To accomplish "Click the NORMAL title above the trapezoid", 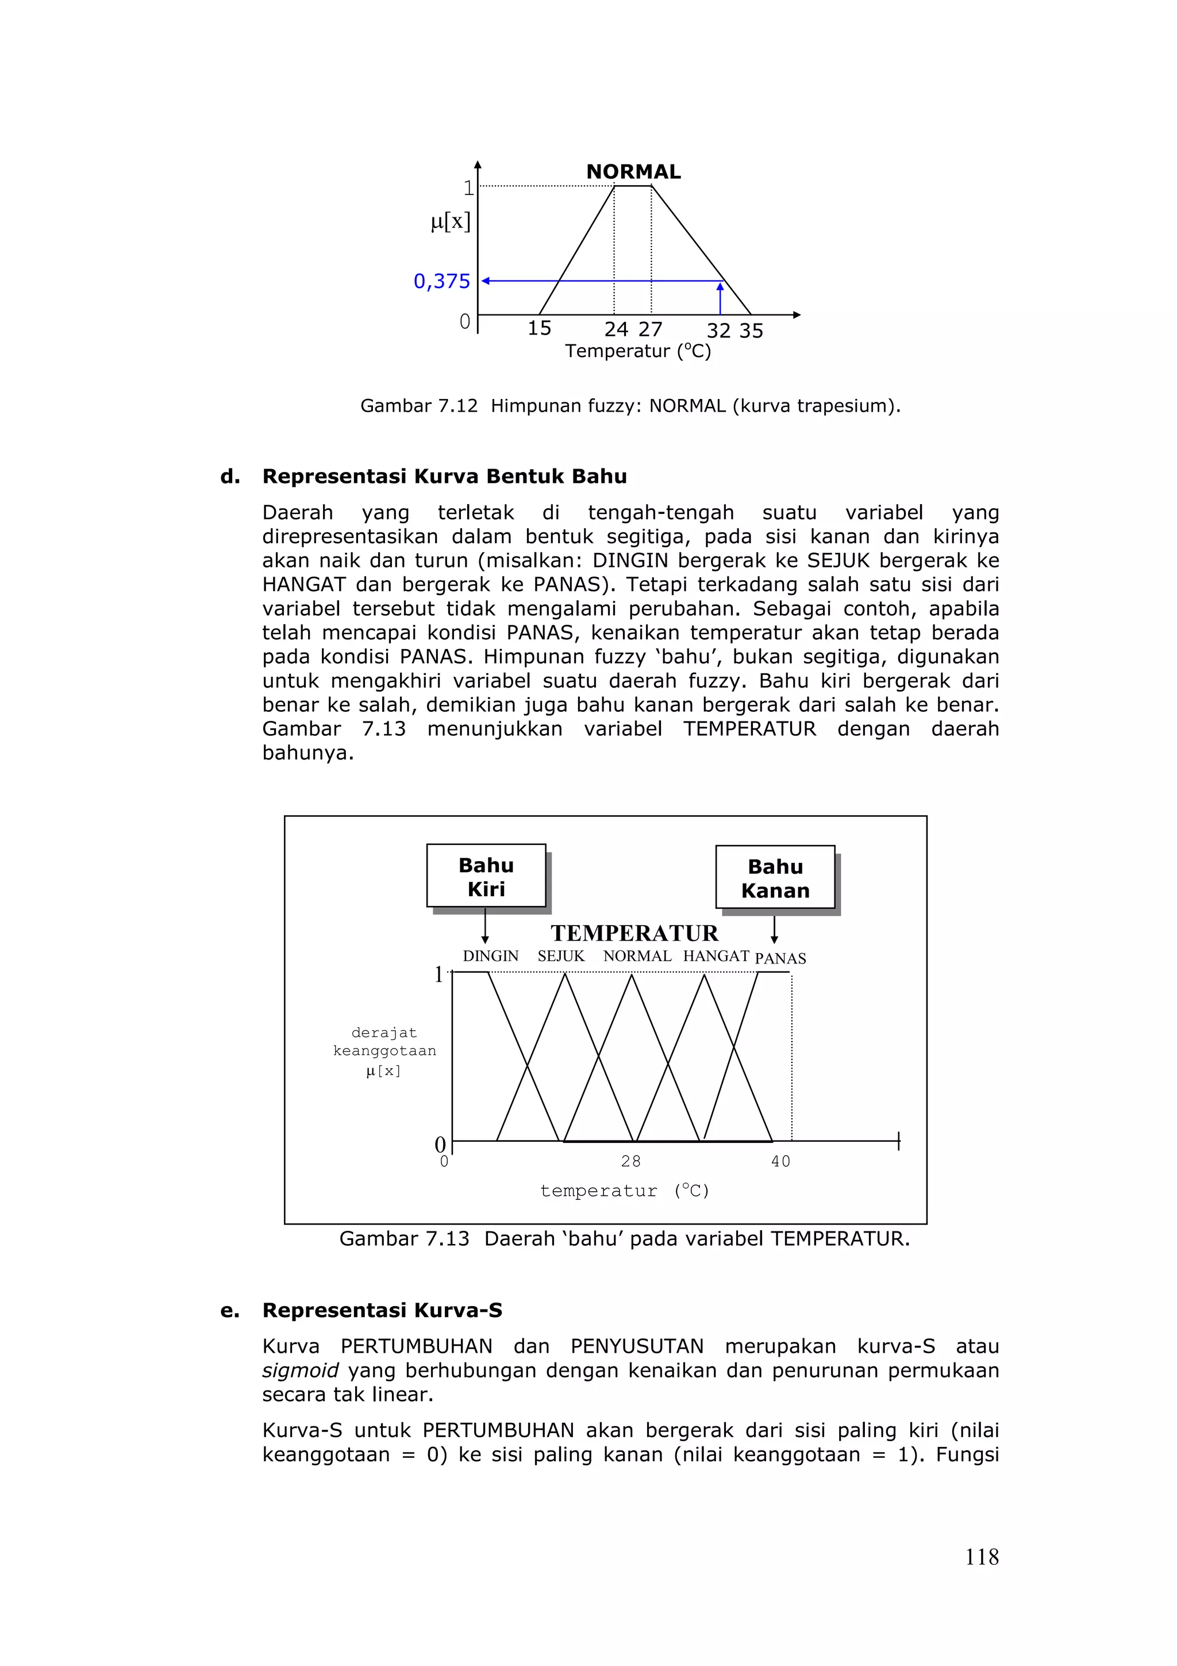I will point(633,172).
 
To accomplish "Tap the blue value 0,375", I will point(441,282).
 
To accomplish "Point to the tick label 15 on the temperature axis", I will point(539,329).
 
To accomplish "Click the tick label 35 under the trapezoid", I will point(751,331).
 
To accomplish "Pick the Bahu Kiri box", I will point(486,876).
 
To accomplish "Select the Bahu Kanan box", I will point(775,877).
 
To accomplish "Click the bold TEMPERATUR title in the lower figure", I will point(634,932).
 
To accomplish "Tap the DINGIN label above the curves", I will point(490,957).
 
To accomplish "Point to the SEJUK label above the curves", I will point(560,957).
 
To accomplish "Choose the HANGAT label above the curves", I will point(715,957).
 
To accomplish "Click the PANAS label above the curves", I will point(780,958).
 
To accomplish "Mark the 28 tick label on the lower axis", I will point(630,1162).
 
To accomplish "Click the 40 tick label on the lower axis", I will point(780,1162).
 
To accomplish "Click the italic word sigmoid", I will point(300,1370).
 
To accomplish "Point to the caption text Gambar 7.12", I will point(418,406).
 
